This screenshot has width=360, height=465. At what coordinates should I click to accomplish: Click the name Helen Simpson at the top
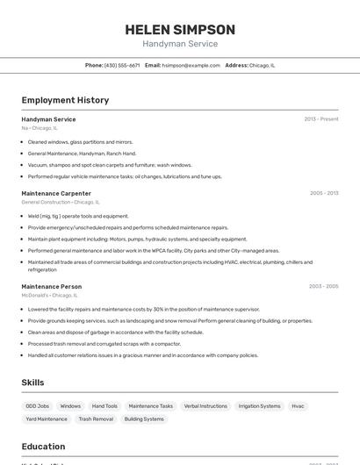[180, 30]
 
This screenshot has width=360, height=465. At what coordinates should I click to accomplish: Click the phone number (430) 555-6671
[122, 65]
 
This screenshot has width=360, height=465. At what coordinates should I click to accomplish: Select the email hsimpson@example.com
[191, 65]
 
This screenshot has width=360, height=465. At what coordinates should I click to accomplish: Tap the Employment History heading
[65, 100]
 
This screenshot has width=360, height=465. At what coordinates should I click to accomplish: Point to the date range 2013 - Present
[321, 119]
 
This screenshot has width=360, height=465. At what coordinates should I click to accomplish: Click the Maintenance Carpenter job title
[56, 193]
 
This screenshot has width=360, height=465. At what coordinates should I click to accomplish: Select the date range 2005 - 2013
[324, 193]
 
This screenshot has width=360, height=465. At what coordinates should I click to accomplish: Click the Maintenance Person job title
[52, 286]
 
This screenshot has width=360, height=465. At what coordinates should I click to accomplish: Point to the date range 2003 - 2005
[323, 286]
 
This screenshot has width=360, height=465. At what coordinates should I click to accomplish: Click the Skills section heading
[32, 383]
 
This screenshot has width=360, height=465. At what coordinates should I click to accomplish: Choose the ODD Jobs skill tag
[38, 406]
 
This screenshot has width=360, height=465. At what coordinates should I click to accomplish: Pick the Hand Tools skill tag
[104, 406]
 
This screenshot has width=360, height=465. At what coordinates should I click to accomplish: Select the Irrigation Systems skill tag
[259, 406]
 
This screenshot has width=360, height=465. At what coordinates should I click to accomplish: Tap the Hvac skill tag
[299, 406]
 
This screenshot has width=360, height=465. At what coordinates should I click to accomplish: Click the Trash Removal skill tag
[96, 419]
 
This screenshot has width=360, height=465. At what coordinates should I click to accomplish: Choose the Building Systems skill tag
[144, 419]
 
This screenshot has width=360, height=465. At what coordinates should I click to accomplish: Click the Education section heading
[43, 447]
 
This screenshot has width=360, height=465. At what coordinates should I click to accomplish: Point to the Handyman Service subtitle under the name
[180, 44]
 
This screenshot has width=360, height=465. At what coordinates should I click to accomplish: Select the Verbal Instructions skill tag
[205, 406]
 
